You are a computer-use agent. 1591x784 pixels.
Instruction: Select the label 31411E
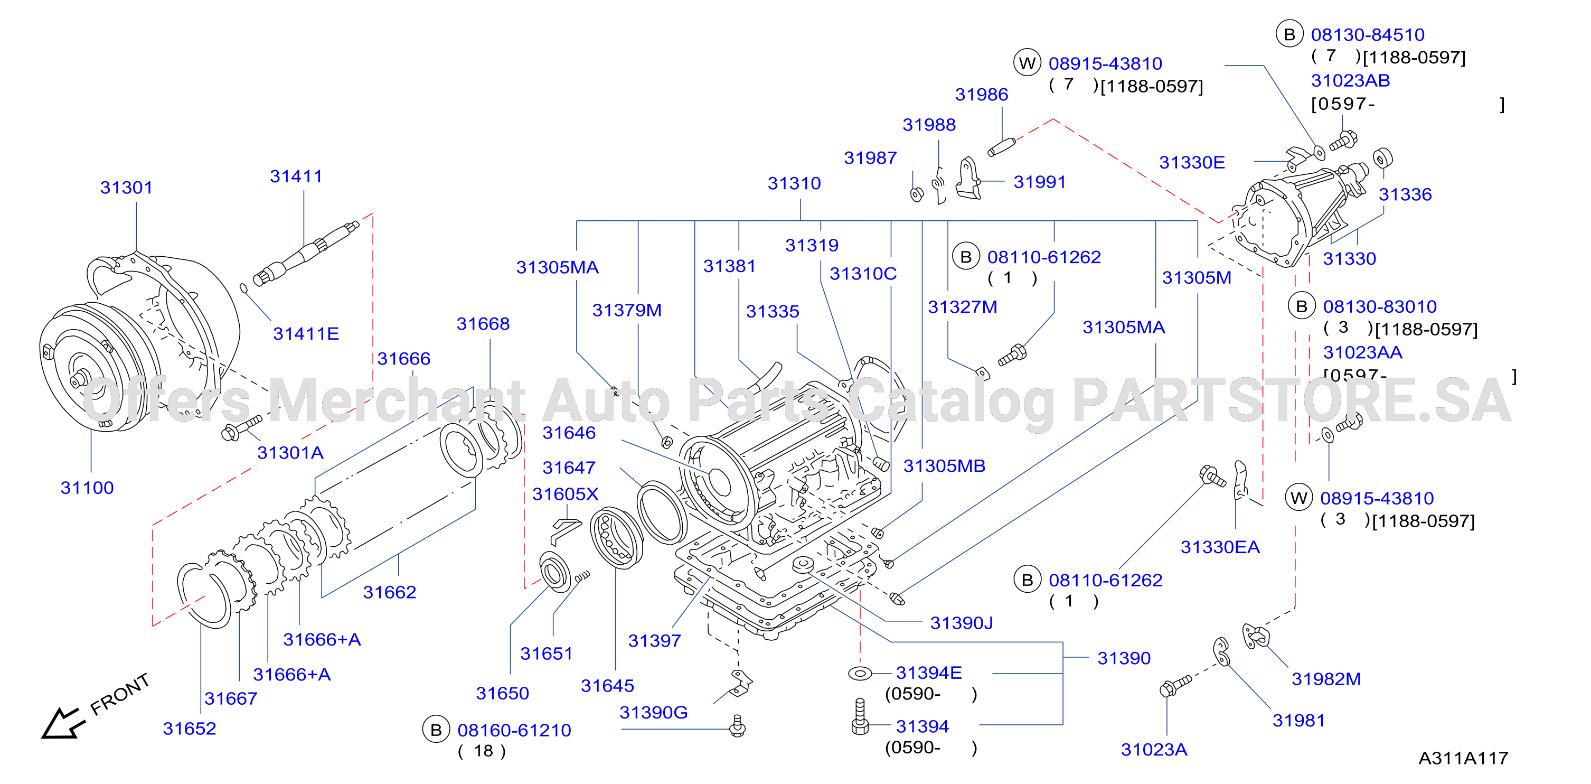click(x=306, y=333)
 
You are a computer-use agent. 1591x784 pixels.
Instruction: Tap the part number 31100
click(x=87, y=488)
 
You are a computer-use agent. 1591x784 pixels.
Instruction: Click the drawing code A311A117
click(x=1463, y=758)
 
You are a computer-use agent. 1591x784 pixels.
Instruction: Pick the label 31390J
click(x=961, y=623)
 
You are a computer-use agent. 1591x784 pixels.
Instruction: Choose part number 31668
click(x=483, y=324)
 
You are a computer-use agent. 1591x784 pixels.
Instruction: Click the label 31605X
click(x=565, y=494)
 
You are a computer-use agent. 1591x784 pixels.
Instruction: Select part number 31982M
click(x=1326, y=679)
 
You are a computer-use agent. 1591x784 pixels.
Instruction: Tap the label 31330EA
click(x=1220, y=547)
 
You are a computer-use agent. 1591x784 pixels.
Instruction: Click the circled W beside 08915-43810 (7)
click(x=1027, y=63)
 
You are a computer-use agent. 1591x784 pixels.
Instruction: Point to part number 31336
click(x=1405, y=194)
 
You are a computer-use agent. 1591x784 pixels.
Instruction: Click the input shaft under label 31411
click(x=306, y=253)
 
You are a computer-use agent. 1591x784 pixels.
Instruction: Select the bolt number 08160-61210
click(x=514, y=730)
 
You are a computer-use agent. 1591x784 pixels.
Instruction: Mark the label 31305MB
click(x=944, y=466)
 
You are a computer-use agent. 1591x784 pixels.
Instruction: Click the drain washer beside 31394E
click(x=860, y=673)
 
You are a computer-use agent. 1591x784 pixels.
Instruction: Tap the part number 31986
click(x=982, y=95)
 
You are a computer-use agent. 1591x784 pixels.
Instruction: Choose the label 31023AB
click(x=1350, y=80)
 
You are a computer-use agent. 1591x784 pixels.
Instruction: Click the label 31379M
click(x=627, y=310)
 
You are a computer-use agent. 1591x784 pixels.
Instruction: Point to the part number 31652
click(x=190, y=729)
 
